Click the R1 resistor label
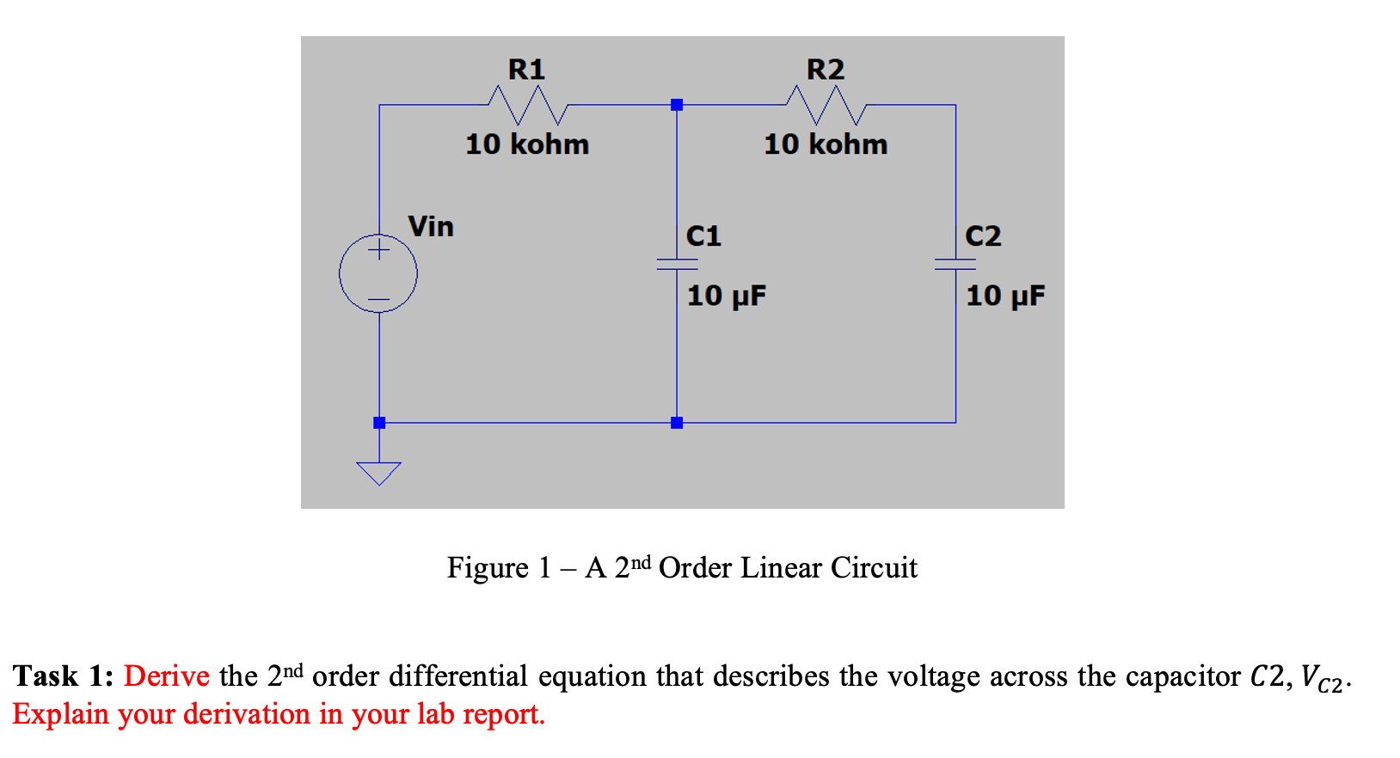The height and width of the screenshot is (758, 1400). click(x=526, y=69)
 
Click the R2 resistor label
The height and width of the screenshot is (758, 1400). click(x=825, y=69)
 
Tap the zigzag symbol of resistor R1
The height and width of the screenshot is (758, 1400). click(x=527, y=106)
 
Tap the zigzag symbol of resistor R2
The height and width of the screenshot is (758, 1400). click(x=826, y=106)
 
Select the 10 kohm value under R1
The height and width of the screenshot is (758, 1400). click(x=527, y=144)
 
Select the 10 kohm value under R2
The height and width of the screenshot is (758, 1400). click(x=826, y=144)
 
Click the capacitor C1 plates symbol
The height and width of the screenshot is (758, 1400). click(x=677, y=264)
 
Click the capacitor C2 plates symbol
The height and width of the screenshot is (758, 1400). click(x=955, y=264)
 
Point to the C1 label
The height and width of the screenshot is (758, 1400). click(x=703, y=235)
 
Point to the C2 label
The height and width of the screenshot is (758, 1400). click(x=983, y=235)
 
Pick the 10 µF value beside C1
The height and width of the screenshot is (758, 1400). click(x=726, y=296)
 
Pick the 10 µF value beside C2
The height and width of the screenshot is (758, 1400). click(x=1005, y=296)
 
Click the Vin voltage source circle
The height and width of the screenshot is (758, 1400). click(x=378, y=274)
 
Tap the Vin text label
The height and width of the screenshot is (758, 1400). click(x=431, y=227)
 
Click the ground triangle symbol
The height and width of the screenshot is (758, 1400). click(x=378, y=473)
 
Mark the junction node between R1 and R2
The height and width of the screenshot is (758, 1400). click(x=677, y=105)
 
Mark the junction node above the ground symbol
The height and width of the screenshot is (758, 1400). click(x=379, y=423)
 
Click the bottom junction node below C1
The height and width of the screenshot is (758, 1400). click(x=677, y=423)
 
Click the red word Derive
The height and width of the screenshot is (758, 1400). click(x=167, y=676)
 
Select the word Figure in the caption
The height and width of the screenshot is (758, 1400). click(x=488, y=568)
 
